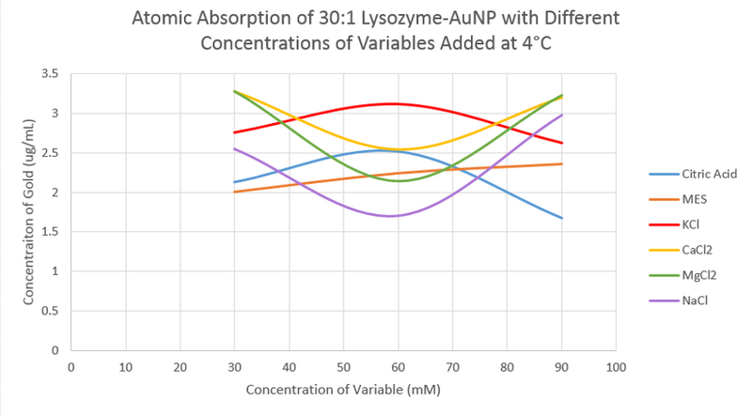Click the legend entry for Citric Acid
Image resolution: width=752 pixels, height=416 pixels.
pyautogui.click(x=696, y=174)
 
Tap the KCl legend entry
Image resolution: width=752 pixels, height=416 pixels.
pyautogui.click(x=685, y=224)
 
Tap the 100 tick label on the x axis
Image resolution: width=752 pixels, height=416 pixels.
pyautogui.click(x=617, y=366)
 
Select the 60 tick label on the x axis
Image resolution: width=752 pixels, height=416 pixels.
pyautogui.click(x=399, y=366)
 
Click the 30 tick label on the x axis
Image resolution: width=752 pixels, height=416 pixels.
pyautogui.click(x=235, y=366)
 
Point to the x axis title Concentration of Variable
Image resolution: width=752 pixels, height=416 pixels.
pyautogui.click(x=343, y=389)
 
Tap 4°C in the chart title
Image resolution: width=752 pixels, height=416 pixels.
pyautogui.click(x=567, y=44)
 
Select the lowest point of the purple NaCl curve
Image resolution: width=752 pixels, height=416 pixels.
pyautogui.click(x=391, y=216)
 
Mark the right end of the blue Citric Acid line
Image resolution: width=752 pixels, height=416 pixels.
pyautogui.click(x=562, y=218)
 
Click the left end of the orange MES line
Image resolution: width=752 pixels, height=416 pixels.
pyautogui.click(x=235, y=192)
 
